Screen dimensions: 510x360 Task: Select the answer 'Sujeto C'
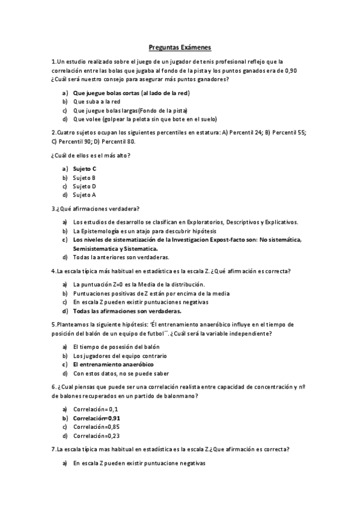(85, 169)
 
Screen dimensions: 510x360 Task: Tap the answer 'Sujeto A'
(84, 195)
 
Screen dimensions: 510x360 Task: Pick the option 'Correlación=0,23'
(96, 435)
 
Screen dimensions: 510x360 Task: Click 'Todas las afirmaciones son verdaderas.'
(127, 311)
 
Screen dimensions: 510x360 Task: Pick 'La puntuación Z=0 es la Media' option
(139, 284)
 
